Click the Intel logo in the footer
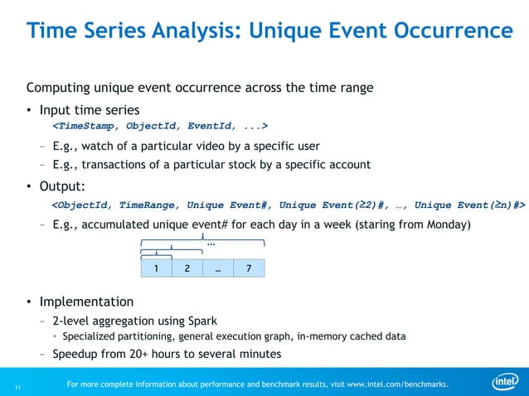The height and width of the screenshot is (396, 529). (x=505, y=382)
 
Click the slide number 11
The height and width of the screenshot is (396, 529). (x=17, y=385)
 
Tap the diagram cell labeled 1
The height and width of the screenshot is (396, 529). (x=156, y=268)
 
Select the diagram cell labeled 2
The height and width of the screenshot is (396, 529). (x=187, y=268)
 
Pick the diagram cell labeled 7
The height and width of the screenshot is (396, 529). (x=249, y=268)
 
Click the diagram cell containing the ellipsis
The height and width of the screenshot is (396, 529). (x=218, y=268)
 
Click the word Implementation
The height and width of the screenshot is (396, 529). (x=86, y=302)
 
